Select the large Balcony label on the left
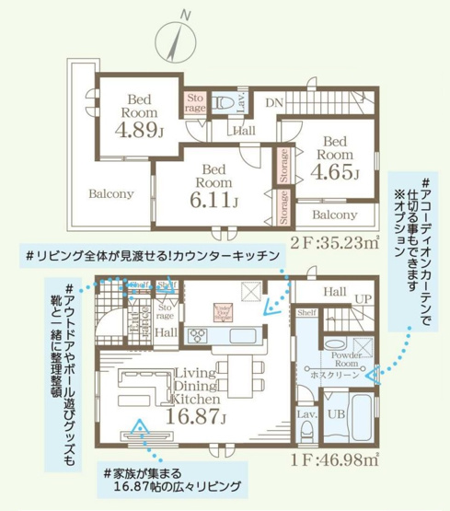pyautogui.click(x=111, y=194)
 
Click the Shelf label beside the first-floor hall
pyautogui.click(x=306, y=313)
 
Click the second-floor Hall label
pyautogui.click(x=244, y=132)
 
